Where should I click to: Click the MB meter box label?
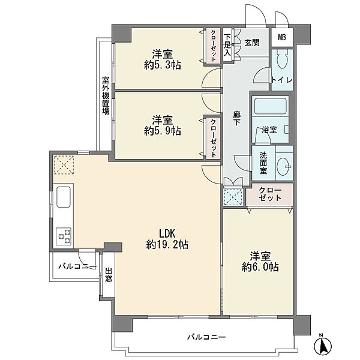pyautogui.click(x=281, y=38)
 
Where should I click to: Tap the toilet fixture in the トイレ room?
pyautogui.click(x=283, y=61)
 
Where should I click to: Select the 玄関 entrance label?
pyautogui.click(x=252, y=43)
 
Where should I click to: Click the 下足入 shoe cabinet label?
pyautogui.click(x=227, y=46)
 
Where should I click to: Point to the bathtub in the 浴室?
pyautogui.click(x=271, y=108)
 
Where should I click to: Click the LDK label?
pyautogui.click(x=167, y=233)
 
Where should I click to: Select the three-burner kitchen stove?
pyautogui.click(x=64, y=235)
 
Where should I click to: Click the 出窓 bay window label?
pyautogui.click(x=109, y=278)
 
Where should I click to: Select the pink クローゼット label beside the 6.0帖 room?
pyautogui.click(x=269, y=193)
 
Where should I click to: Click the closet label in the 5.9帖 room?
pyautogui.click(x=212, y=136)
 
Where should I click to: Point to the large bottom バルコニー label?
pyautogui.click(x=206, y=338)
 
